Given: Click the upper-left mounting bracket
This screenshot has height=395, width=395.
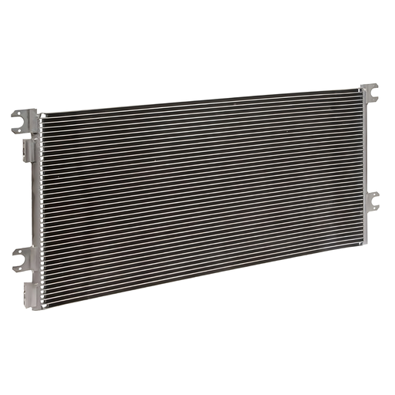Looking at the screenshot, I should [x=25, y=120].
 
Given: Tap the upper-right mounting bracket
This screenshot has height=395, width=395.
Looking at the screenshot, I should [x=370, y=92].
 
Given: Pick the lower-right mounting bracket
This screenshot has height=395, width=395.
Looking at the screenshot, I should [x=371, y=201].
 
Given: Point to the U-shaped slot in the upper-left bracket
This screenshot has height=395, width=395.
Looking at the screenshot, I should [x=17, y=123].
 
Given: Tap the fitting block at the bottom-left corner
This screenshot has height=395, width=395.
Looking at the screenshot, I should [x=32, y=295].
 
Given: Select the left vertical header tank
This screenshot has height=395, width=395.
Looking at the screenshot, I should [x=36, y=208].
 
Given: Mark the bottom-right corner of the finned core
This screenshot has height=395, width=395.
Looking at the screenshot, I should [x=359, y=244].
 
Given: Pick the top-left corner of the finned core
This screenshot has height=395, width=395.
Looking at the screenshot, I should [x=42, y=116].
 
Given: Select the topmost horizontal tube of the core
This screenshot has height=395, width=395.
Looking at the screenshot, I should [x=201, y=103].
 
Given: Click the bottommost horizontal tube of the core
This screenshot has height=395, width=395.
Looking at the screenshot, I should [x=201, y=275].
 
